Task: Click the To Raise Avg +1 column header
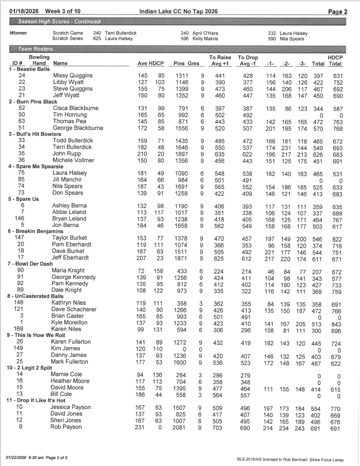219,60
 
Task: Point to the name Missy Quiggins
73,75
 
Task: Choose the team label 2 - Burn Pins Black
33,102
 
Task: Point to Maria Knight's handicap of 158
159,270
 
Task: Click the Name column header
61,63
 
